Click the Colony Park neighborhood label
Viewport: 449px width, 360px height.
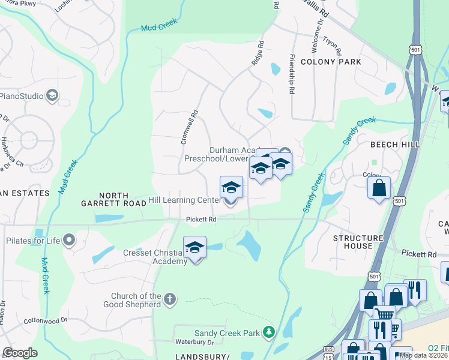[x=331, y=62]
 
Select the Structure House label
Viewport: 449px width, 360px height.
[x=358, y=243]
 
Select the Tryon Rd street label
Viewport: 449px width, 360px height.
[x=332, y=43]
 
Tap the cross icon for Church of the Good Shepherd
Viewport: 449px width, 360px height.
[x=170, y=299]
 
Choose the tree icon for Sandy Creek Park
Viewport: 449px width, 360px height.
[x=270, y=332]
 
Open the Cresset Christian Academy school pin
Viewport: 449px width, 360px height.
[x=195, y=248]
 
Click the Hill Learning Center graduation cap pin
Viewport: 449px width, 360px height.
[x=231, y=188]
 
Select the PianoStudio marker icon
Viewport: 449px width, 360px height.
[x=52, y=95]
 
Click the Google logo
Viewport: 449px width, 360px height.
[x=20, y=353]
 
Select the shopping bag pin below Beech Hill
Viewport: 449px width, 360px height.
[x=379, y=188]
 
